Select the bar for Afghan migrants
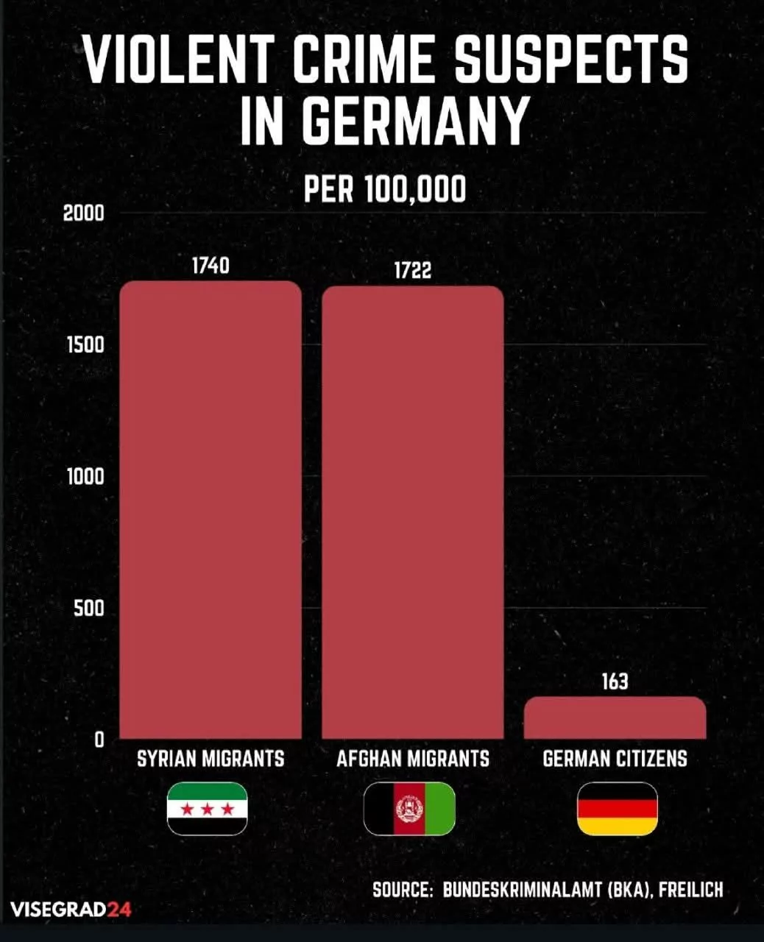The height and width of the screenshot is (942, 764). (x=412, y=512)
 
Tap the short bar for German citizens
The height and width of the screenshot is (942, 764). (x=615, y=718)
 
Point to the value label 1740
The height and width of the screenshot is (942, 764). (x=211, y=265)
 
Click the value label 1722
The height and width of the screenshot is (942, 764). (x=412, y=271)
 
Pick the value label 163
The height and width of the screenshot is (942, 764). (x=615, y=681)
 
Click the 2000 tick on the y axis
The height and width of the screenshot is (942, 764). (x=84, y=213)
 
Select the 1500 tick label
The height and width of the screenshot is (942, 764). (x=84, y=345)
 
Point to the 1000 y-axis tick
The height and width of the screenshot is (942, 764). (x=85, y=477)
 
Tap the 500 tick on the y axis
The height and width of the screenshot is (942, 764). (x=88, y=609)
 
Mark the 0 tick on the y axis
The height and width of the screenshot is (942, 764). (x=99, y=740)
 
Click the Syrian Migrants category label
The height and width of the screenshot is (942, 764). (x=211, y=759)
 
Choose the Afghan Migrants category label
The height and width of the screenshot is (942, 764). (x=412, y=759)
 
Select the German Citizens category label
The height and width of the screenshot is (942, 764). (x=615, y=759)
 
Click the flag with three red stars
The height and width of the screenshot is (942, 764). (x=207, y=809)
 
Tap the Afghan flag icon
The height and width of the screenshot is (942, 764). (x=409, y=809)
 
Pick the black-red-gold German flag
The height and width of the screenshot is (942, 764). (x=617, y=809)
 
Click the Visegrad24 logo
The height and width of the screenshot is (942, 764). (x=71, y=910)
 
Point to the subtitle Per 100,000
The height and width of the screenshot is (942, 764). (x=385, y=190)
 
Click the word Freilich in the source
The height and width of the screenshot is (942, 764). (x=690, y=890)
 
